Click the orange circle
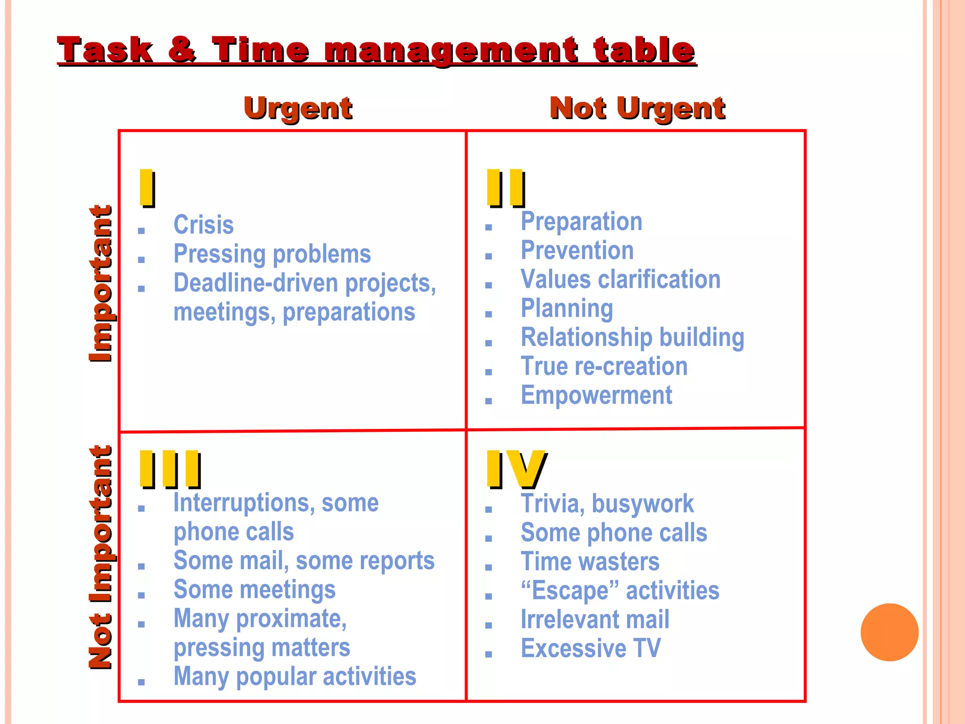[x=889, y=632]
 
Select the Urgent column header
[x=298, y=108]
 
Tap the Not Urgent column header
[x=637, y=108]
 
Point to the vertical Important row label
[x=101, y=283]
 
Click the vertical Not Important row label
[x=101, y=557]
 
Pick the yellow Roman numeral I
[x=147, y=188]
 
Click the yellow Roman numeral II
[x=506, y=188]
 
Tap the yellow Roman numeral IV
[x=515, y=469]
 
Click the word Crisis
[x=204, y=225]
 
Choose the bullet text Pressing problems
[x=272, y=254]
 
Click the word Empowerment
[x=596, y=395]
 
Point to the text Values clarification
[x=620, y=280]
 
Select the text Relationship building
[x=632, y=337]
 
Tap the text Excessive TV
[x=590, y=649]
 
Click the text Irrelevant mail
[x=595, y=619]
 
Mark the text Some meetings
[x=254, y=590]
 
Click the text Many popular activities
[x=294, y=676]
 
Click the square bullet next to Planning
[x=489, y=314]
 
